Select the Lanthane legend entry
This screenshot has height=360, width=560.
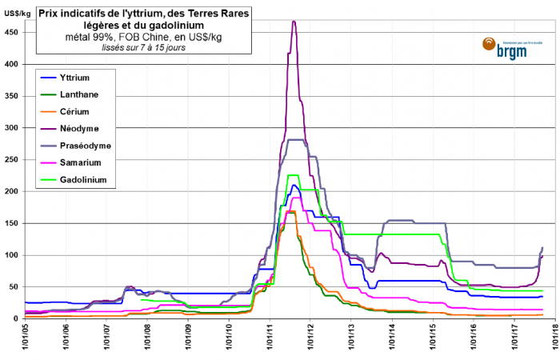pos(90,94)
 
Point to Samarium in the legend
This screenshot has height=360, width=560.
pos(91,163)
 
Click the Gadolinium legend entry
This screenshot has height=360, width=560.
pos(94,180)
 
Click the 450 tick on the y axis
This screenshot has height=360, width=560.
pos(14,32)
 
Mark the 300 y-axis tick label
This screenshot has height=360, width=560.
pos(14,128)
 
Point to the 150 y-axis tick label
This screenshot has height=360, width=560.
pos(14,223)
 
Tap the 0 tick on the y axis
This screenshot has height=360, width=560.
pos(18,319)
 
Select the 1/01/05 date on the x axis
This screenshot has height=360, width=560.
pos(25,339)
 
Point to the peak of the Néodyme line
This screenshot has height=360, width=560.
pos(294,22)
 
